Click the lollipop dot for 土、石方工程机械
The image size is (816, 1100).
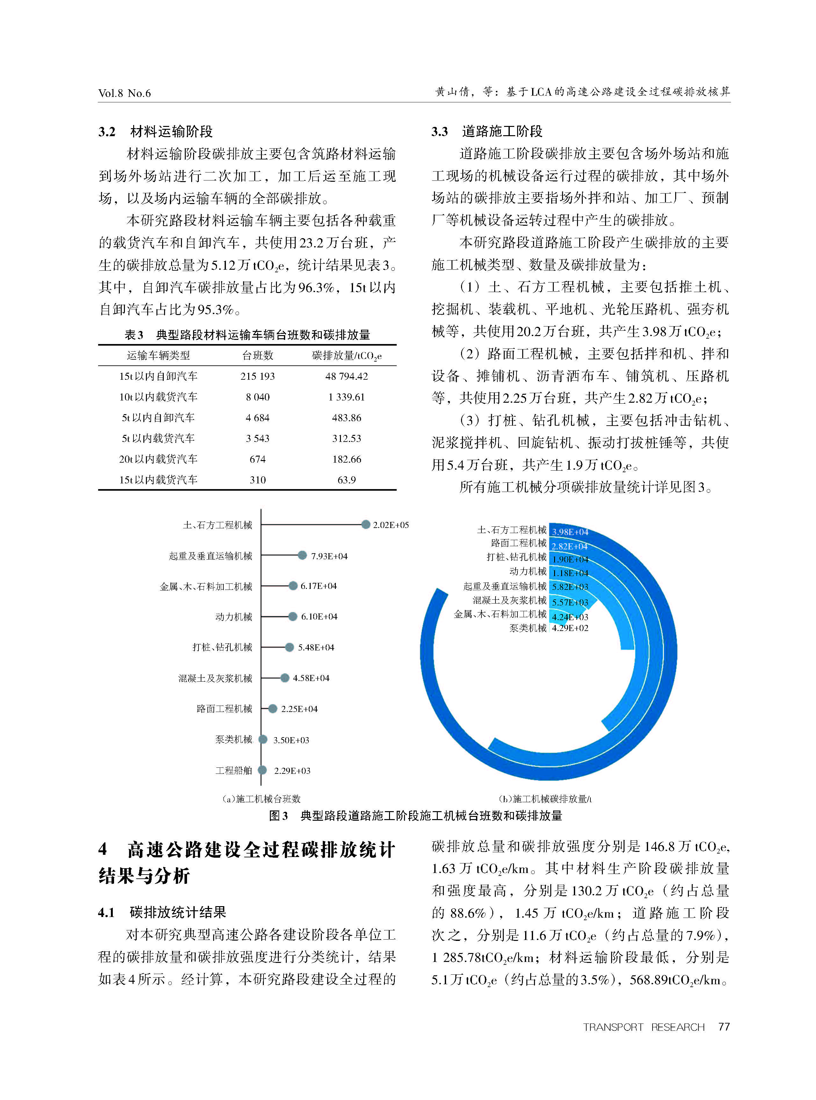coord(365,524)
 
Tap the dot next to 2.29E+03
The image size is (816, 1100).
coord(263,770)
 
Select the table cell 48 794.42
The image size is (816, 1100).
coord(346,376)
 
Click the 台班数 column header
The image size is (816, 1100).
coord(257,355)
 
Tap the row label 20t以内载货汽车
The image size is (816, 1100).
coord(158,459)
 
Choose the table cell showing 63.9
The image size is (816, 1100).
coord(346,480)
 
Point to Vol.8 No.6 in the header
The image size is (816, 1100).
coord(125,93)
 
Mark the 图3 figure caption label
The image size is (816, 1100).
coord(278,816)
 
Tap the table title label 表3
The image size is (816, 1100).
coord(134,335)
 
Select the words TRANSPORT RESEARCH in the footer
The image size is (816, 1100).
coord(644,1027)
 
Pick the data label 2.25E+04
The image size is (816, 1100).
coord(299,709)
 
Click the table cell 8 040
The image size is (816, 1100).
coord(257,397)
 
